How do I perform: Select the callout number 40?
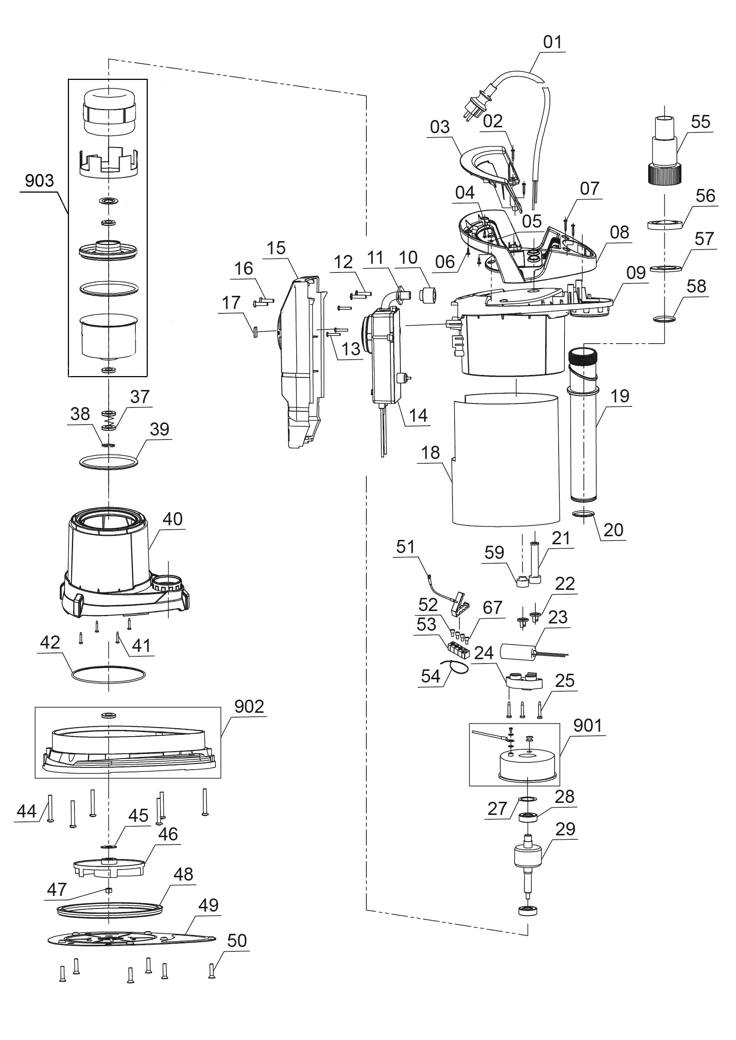click(x=173, y=519)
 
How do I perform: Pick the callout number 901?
click(x=587, y=726)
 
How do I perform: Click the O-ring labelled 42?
click(x=109, y=675)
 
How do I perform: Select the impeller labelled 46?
click(x=109, y=866)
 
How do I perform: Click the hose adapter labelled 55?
click(x=664, y=150)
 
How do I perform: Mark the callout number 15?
click(x=276, y=248)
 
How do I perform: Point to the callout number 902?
click(x=249, y=707)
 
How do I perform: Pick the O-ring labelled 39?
click(x=108, y=463)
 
